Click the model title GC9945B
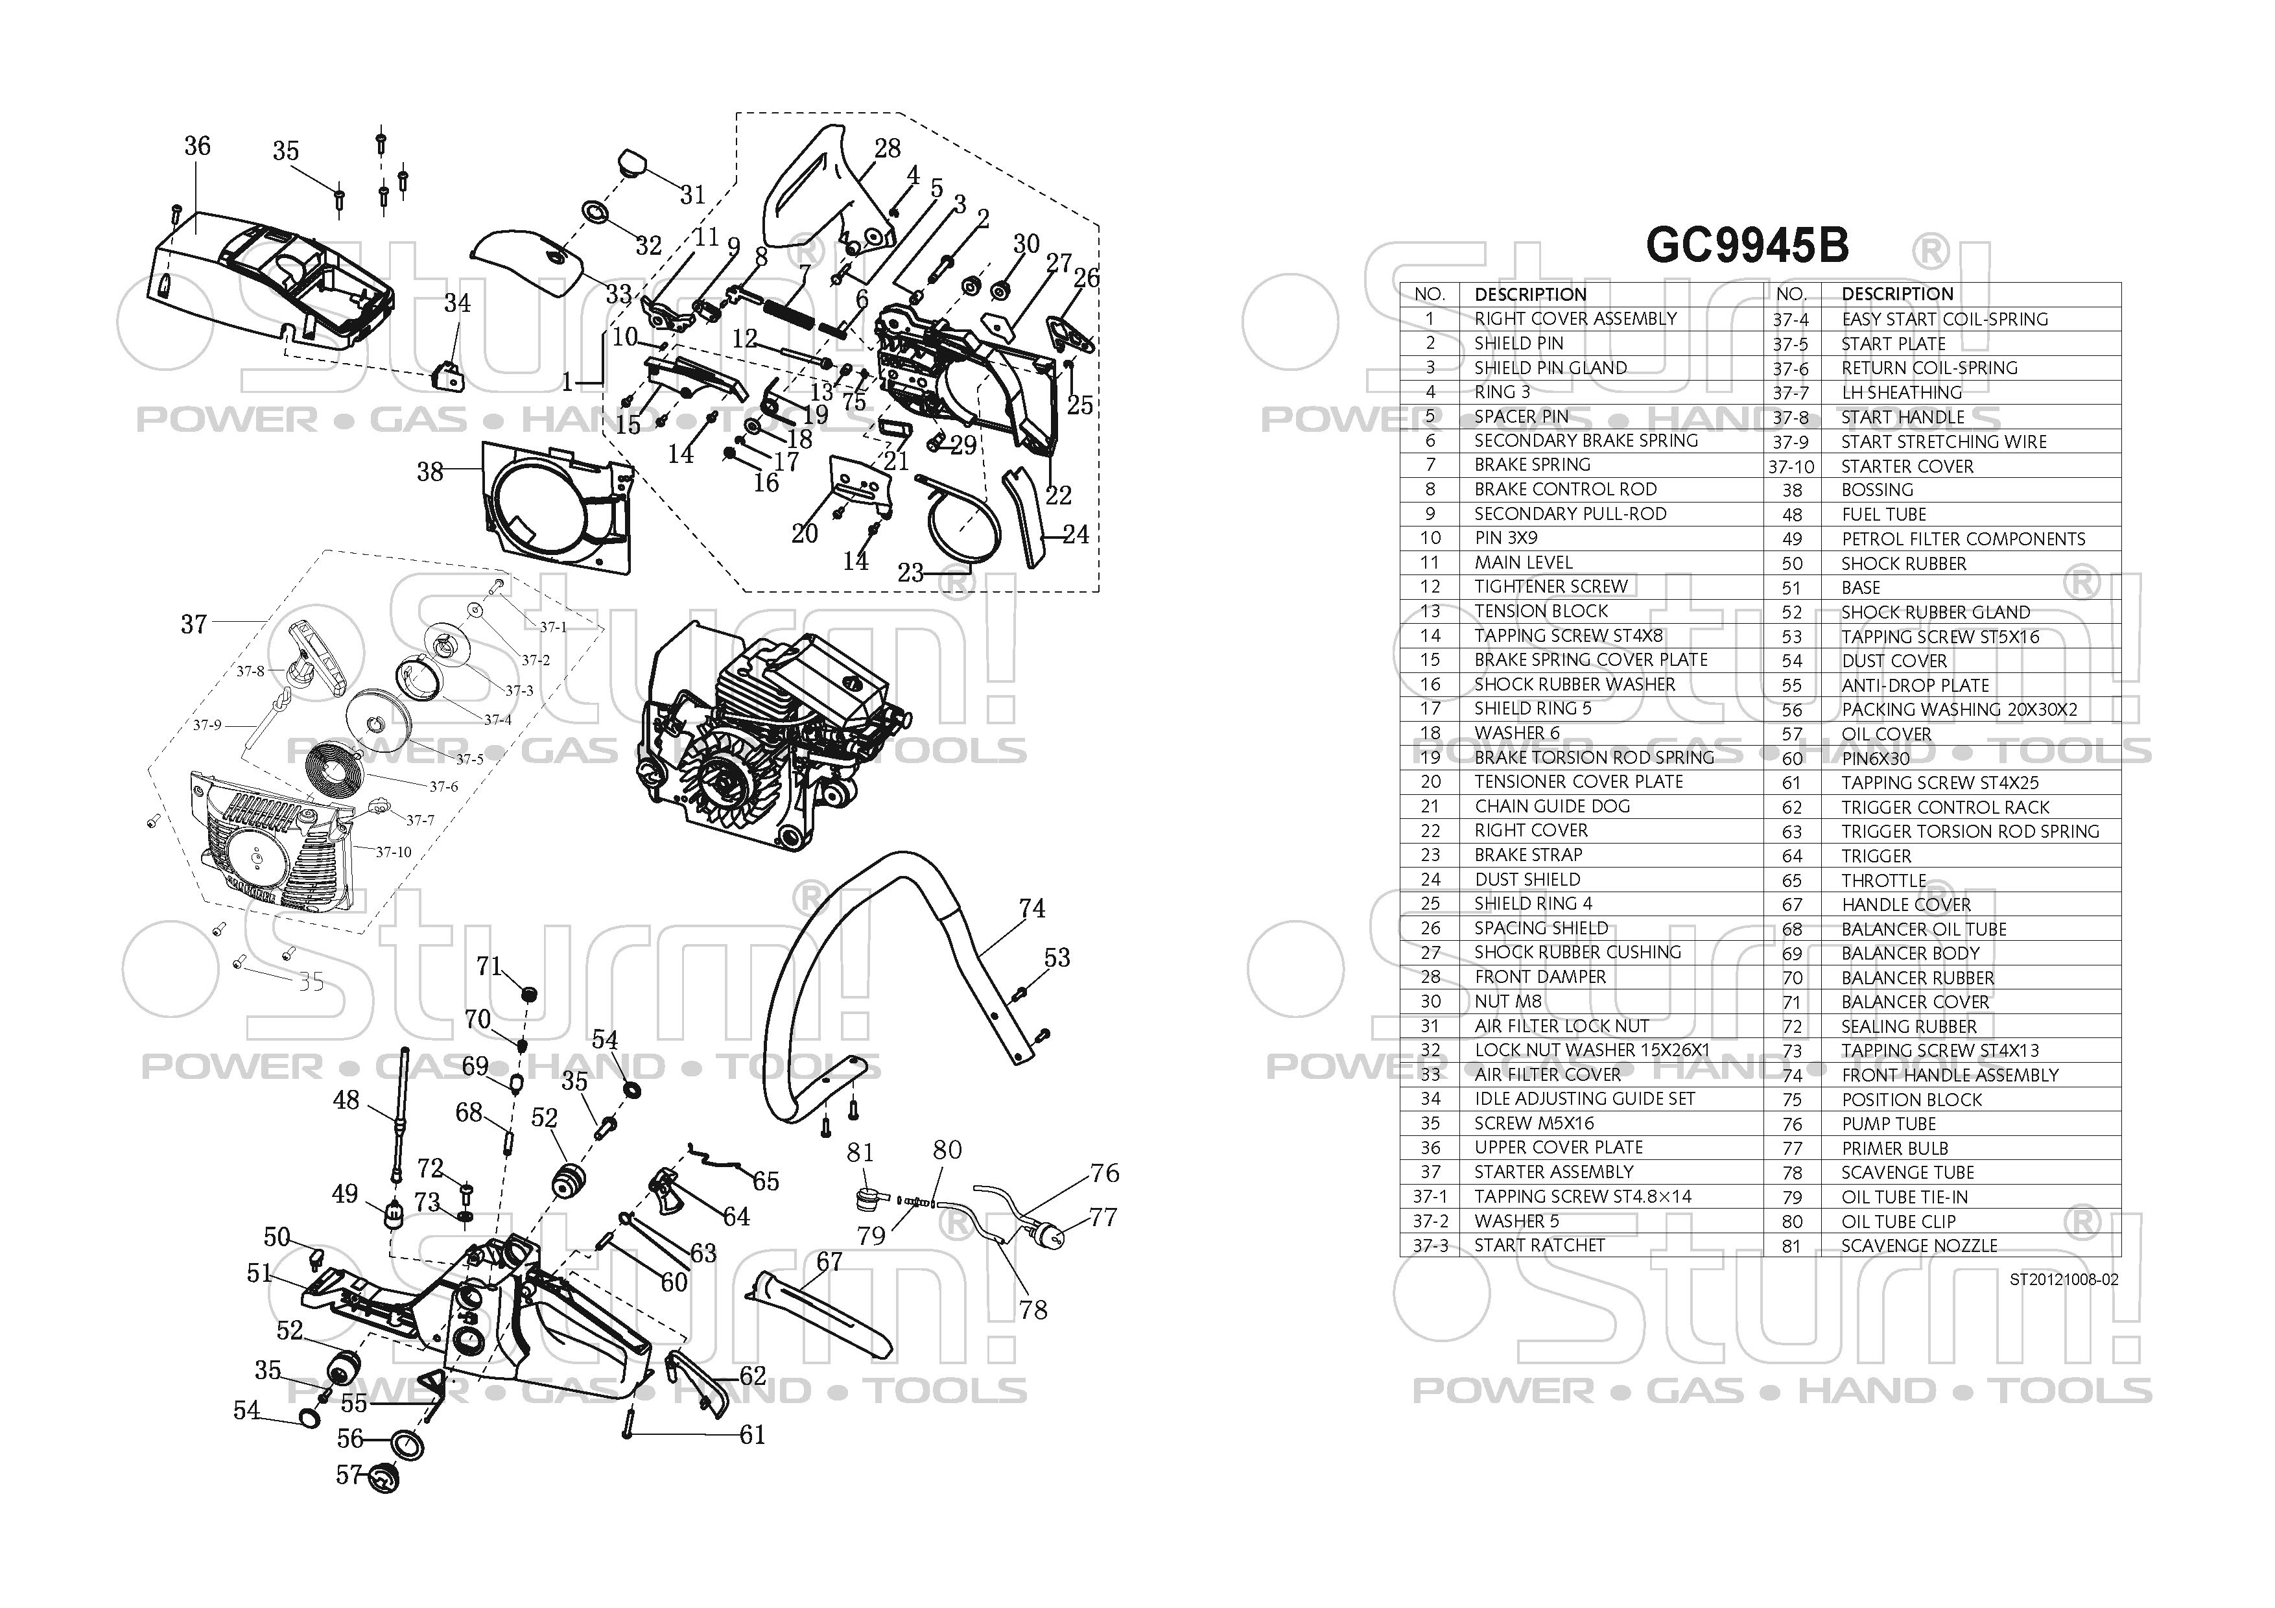click(1746, 246)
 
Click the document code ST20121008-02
click(2063, 1279)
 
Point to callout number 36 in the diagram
click(197, 147)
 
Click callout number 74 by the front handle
click(1031, 908)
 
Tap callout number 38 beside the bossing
click(429, 471)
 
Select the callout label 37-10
click(394, 852)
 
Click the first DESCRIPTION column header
click(1530, 294)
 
